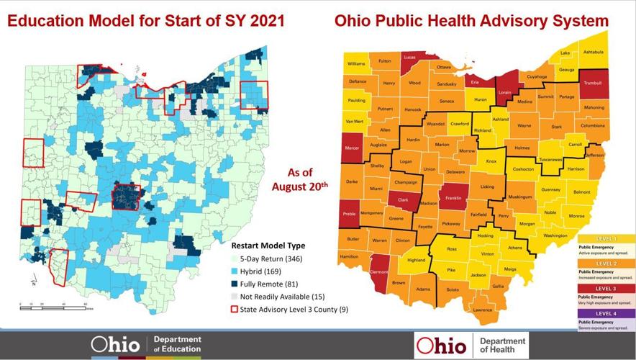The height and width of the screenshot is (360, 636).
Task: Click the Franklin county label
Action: (454, 197)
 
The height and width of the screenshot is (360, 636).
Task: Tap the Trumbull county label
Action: (591, 83)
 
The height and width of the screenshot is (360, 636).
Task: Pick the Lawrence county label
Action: (483, 310)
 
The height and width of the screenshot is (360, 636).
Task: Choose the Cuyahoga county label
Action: (537, 76)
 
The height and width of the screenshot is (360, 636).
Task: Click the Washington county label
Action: (555, 235)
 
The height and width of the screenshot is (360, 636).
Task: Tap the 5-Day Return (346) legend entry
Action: (276, 258)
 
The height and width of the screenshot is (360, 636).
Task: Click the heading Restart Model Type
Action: (268, 246)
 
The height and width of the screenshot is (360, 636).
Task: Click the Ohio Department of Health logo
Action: (471, 346)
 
